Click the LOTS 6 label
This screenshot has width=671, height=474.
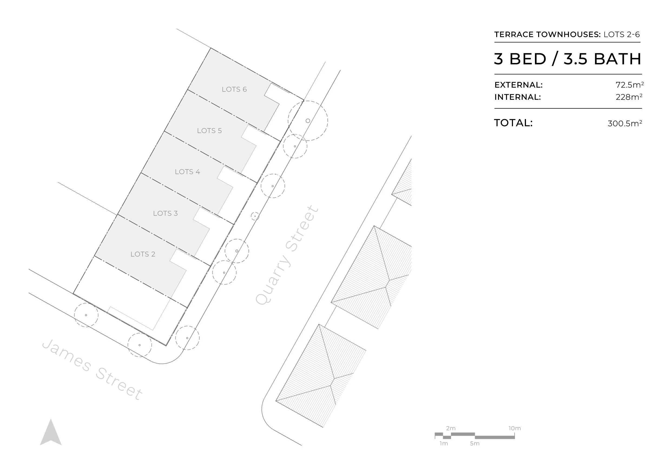[234, 89]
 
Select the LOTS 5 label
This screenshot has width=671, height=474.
[209, 131]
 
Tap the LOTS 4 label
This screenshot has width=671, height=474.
[187, 172]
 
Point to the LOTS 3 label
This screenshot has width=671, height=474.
[165, 213]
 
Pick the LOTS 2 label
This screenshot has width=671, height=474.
[143, 254]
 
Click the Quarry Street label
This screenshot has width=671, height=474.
[287, 255]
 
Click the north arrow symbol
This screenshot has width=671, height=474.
[51, 433]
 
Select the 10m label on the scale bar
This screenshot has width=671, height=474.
[514, 428]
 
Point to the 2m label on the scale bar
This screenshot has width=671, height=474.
[451, 428]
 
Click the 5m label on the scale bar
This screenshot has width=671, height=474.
[475, 444]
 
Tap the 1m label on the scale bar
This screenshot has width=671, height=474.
[444, 444]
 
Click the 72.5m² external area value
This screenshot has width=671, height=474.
[630, 85]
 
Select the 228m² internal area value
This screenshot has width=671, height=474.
[629, 97]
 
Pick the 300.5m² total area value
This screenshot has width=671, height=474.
[624, 123]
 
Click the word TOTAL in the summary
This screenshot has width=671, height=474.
[513, 123]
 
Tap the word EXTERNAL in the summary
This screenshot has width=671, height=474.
[518, 85]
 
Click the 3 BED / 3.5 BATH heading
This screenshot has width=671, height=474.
[568, 59]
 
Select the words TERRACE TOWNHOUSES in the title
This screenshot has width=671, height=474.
[547, 34]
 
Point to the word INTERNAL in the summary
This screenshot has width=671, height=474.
[517, 97]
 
